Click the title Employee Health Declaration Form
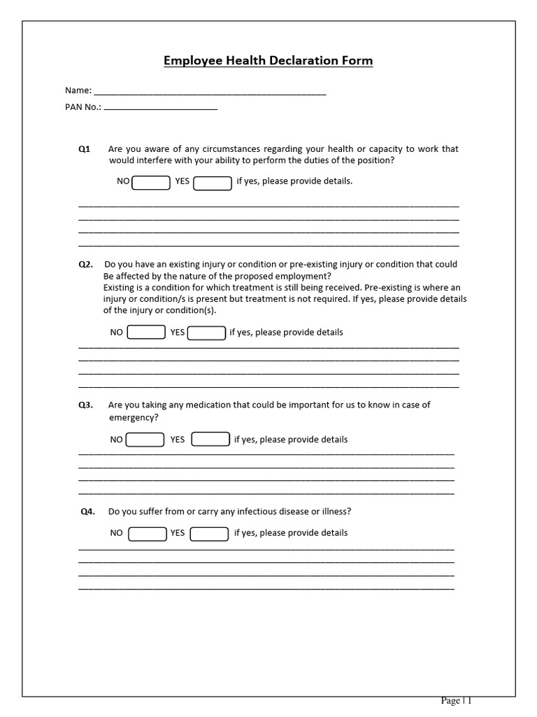[x=268, y=61]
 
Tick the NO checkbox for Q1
[x=151, y=183]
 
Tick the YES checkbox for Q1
[x=213, y=183]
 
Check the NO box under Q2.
[x=146, y=333]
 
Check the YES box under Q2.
[x=207, y=333]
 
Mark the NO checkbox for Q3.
[x=145, y=440]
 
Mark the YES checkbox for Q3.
[x=210, y=439]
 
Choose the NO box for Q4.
[x=148, y=534]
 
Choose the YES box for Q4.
[x=209, y=534]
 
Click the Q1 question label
[x=84, y=149]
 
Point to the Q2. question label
[x=85, y=265]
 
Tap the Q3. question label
[x=85, y=405]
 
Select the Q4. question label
[x=87, y=512]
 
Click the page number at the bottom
[x=456, y=701]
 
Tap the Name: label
[x=78, y=90]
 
